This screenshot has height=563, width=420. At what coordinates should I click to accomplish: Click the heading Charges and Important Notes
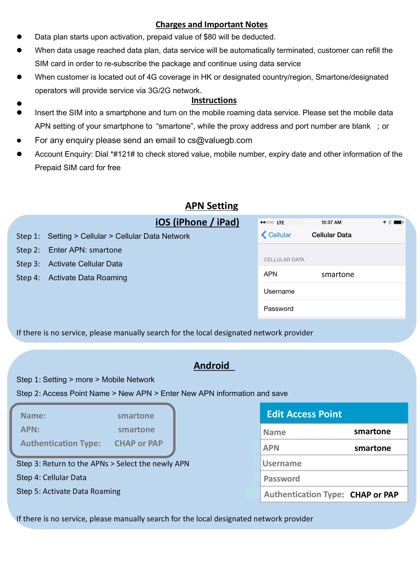(x=211, y=25)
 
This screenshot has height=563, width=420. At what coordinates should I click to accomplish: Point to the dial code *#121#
(x=123, y=154)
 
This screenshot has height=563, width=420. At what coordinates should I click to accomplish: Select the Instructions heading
(x=214, y=100)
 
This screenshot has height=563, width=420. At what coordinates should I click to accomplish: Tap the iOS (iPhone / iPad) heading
(x=197, y=222)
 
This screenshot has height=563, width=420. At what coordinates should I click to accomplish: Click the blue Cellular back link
(x=276, y=235)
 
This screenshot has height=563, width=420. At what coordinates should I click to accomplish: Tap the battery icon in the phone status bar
(x=398, y=222)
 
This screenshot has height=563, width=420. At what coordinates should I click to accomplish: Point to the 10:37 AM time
(x=331, y=222)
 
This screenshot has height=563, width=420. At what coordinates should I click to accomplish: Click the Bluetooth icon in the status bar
(x=390, y=222)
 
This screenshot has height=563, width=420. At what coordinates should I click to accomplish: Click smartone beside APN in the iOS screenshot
(x=338, y=274)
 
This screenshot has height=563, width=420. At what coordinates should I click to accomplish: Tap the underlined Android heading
(x=211, y=366)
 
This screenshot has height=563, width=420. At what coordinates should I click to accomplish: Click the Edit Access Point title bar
(x=334, y=414)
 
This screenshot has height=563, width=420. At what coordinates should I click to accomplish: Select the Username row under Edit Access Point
(x=334, y=463)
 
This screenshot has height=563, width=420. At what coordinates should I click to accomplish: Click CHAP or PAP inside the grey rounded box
(x=139, y=444)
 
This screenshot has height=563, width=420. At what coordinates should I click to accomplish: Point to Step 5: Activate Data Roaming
(x=68, y=491)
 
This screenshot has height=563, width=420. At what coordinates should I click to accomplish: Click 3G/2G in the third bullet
(x=160, y=91)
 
